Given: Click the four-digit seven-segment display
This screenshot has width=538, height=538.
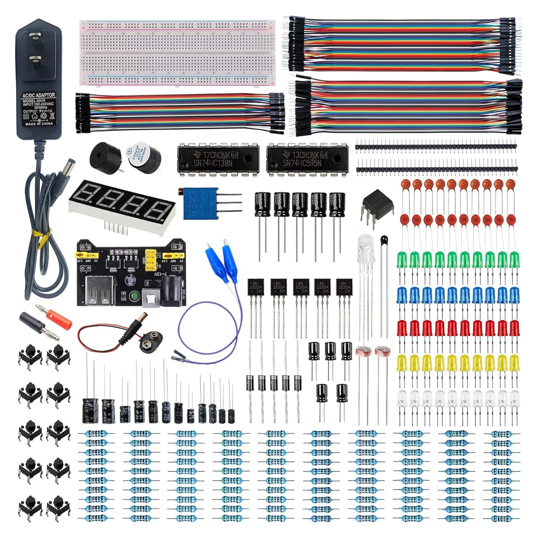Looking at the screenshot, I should pos(122,204).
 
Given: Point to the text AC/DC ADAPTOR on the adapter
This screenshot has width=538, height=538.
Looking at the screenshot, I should pos(38,95).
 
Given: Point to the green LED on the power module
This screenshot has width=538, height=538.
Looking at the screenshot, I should pos(134,296).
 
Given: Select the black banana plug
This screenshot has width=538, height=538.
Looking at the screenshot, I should pos(32,321).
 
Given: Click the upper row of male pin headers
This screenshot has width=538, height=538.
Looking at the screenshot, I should pos(436,146).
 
